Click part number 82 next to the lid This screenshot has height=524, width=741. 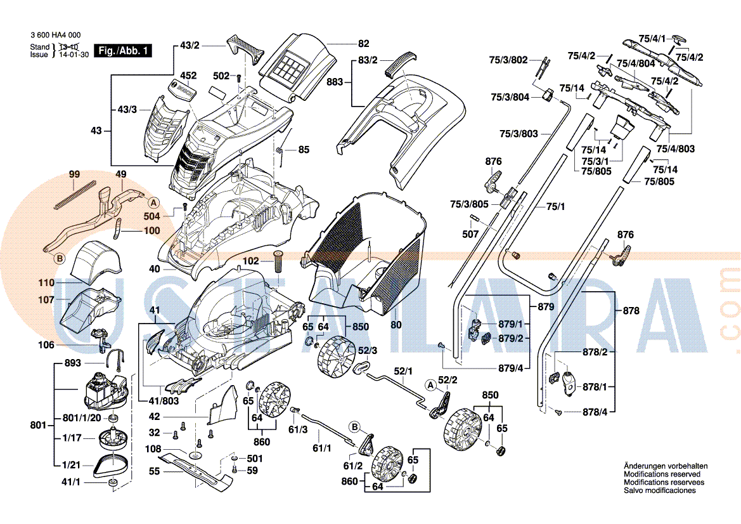(x=363, y=44)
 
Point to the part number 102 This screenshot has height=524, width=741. (x=251, y=261)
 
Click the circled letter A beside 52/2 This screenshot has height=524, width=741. (x=431, y=384)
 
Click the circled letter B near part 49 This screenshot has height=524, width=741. (x=60, y=258)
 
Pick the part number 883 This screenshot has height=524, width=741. (x=335, y=82)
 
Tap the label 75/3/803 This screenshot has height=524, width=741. (x=519, y=134)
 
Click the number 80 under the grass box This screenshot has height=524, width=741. (x=396, y=325)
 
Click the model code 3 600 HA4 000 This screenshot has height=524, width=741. (x=55, y=36)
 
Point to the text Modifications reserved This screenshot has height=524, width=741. (x=662, y=475)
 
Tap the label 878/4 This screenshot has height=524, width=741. (x=595, y=412)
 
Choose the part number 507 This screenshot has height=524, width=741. (x=470, y=234)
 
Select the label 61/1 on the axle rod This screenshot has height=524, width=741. (x=322, y=449)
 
